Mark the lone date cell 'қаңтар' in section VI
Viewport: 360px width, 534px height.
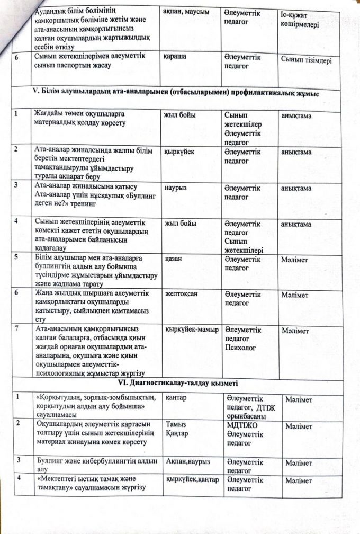pyautogui.click(x=176, y=398)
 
